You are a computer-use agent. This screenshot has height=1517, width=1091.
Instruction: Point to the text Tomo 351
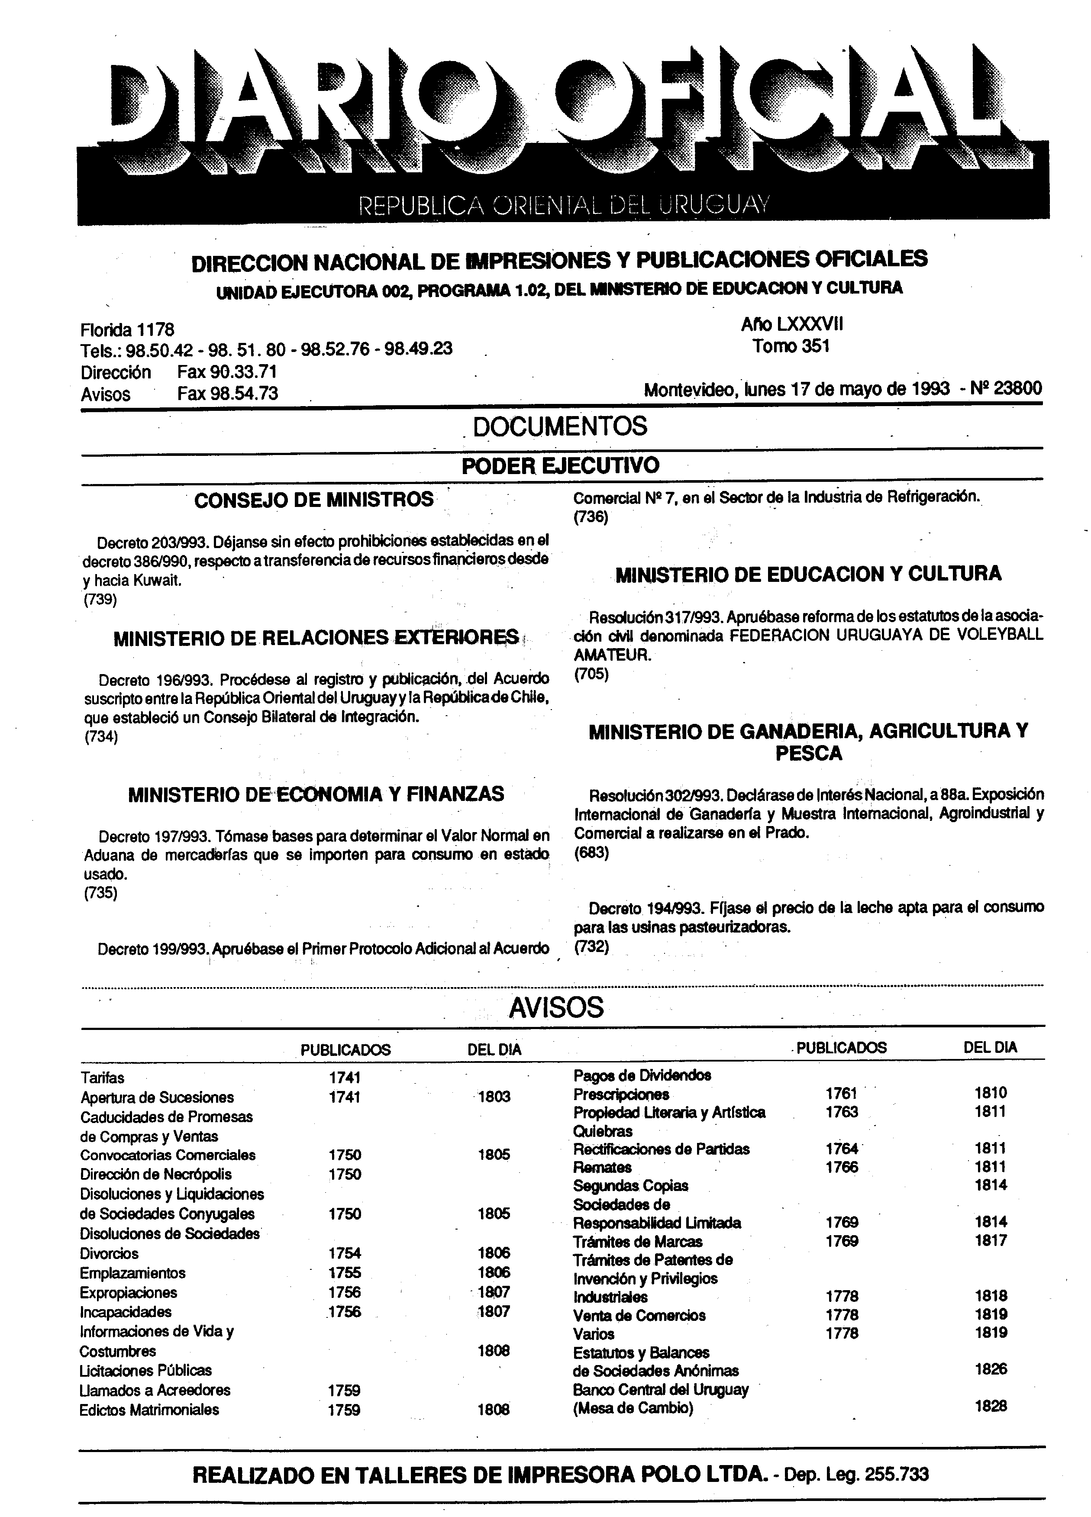(791, 346)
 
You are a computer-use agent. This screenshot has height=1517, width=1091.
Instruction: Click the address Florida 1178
(127, 330)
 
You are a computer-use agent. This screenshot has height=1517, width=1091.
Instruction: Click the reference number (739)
(100, 600)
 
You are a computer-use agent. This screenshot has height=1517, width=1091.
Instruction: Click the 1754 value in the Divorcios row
(345, 1253)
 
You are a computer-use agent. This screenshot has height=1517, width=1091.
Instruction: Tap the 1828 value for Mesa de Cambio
(991, 1407)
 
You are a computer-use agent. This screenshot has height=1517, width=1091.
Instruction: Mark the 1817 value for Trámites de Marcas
(991, 1241)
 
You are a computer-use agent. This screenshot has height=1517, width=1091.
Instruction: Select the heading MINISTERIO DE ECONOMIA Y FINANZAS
(316, 794)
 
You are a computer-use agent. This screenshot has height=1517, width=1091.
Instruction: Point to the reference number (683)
(591, 853)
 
